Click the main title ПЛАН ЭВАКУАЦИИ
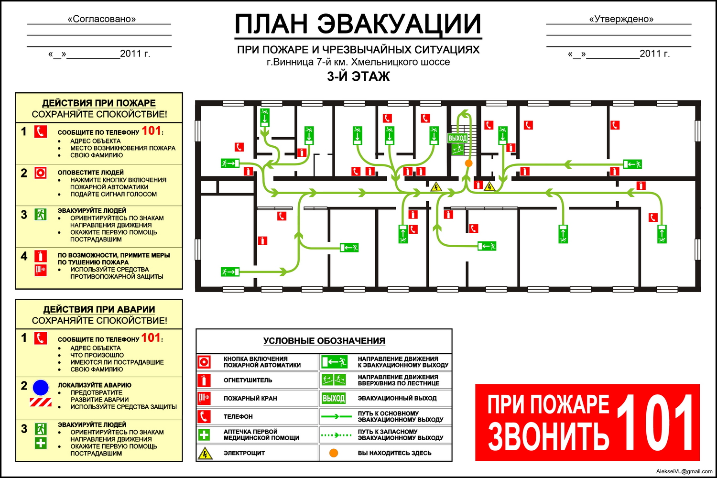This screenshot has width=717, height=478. pos(358,24)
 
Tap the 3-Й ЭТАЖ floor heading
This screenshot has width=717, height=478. pos(358,76)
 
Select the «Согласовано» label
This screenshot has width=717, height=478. pos(102,19)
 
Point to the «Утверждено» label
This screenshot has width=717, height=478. pos(621,19)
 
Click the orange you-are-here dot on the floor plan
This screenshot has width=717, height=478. pos(468,163)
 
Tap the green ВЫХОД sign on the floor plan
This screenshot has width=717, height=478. pos(458,138)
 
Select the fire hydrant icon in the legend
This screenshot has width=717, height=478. pos(204,398)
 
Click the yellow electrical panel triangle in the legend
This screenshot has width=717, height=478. pos(205,453)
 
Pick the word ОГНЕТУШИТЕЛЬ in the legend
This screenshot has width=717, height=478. pos(248,380)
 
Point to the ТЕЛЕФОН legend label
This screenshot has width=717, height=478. pos(238,416)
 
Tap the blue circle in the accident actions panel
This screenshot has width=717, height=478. pos(41,387)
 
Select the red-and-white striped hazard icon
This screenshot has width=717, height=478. pos(41,402)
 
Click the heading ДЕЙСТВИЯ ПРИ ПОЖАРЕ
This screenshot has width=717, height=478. pos(99,103)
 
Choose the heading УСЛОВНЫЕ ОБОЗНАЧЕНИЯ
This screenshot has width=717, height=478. pos(324,341)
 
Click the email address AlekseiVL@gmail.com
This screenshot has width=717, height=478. pos(684,471)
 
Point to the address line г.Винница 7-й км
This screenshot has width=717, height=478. pos(358,62)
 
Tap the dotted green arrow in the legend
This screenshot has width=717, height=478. pos(336,435)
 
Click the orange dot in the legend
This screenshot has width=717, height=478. pos(334,453)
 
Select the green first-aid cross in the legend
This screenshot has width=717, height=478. pos(204,435)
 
